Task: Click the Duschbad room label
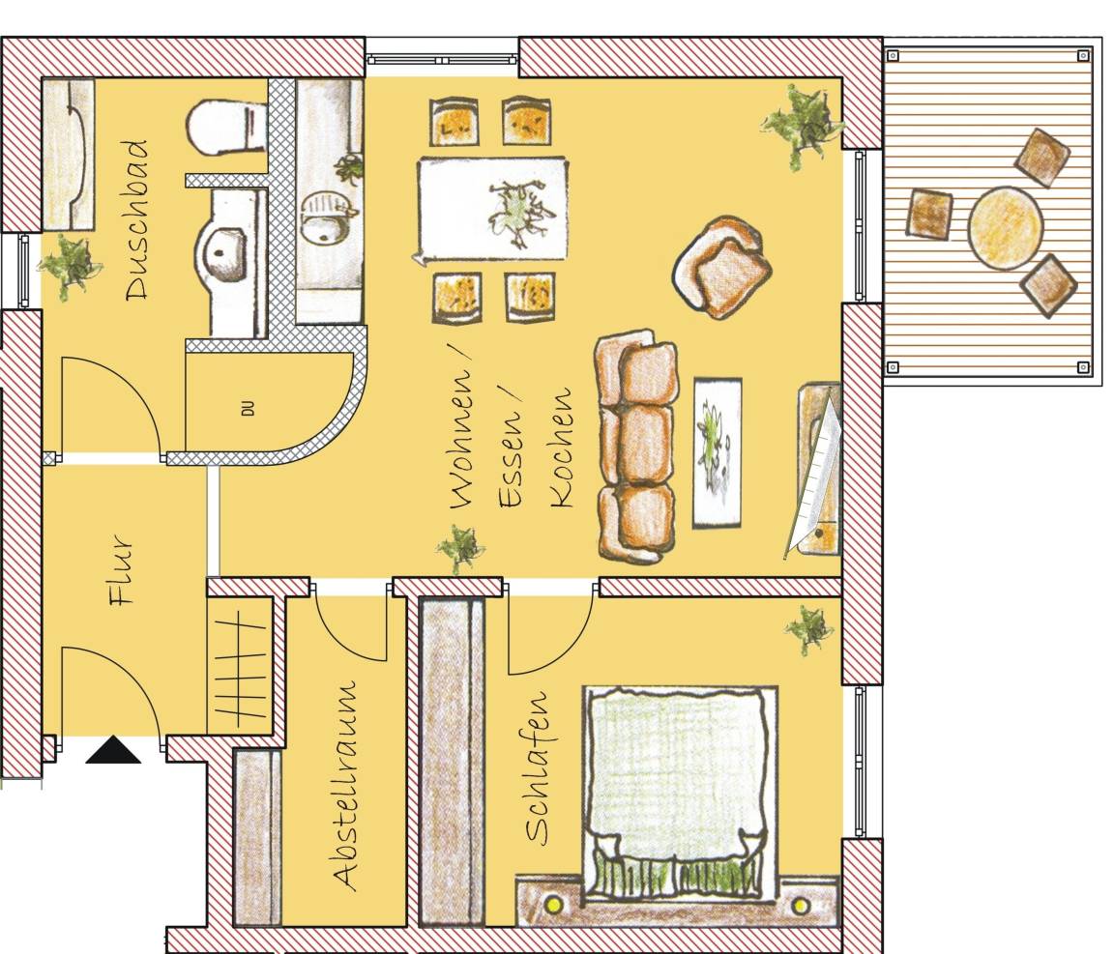(137, 219)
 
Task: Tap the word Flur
(121, 571)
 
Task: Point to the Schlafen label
(538, 767)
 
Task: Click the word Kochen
(561, 448)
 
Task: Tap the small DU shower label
(248, 409)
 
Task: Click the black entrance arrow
(113, 750)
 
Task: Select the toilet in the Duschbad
(226, 128)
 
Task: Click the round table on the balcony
(1005, 227)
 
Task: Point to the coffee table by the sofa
(717, 452)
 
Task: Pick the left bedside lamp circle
(552, 905)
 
